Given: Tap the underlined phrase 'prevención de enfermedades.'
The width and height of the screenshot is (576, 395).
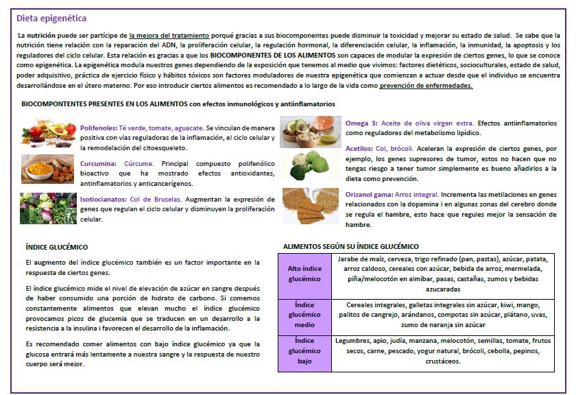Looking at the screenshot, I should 426,86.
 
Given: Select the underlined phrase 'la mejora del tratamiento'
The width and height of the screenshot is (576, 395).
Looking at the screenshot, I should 165,34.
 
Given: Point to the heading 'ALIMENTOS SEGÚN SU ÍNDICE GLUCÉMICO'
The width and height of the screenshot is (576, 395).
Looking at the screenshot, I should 351,246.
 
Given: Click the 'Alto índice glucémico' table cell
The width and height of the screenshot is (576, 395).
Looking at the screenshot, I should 304,274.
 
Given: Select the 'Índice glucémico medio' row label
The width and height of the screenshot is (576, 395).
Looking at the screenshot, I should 304,314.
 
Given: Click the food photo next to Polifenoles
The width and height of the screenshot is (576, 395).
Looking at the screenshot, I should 48,133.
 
